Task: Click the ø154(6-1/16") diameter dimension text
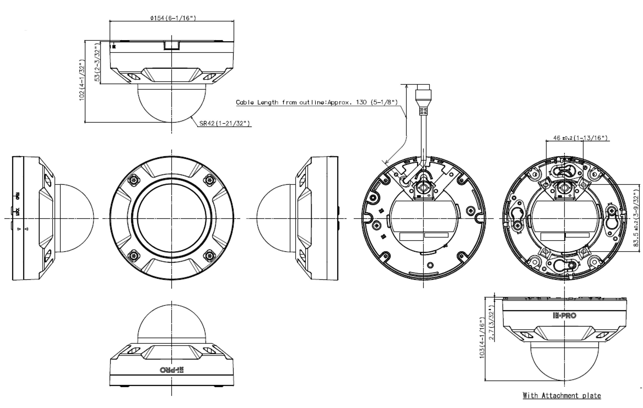pyautogui.click(x=173, y=18)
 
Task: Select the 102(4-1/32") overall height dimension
pyautogui.click(x=82, y=80)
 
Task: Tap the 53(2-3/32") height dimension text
pyautogui.click(x=98, y=62)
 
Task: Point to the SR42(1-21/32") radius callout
pyautogui.click(x=224, y=123)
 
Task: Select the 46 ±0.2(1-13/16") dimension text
pyautogui.click(x=580, y=138)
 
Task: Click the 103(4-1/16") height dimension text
pyautogui.click(x=482, y=338)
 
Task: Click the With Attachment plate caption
pyautogui.click(x=561, y=395)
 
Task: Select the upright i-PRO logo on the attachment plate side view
pyautogui.click(x=564, y=316)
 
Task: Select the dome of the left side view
pyautogui.click(x=76, y=218)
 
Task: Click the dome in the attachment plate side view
pyautogui.click(x=564, y=363)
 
